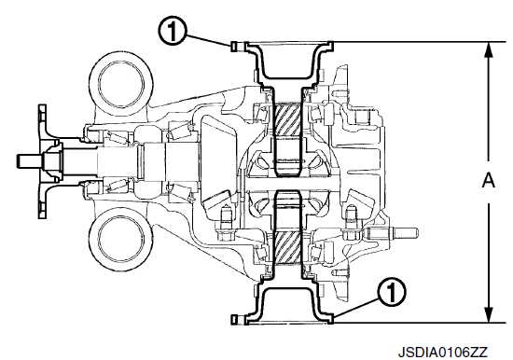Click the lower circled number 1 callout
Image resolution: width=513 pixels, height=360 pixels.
click(x=392, y=291)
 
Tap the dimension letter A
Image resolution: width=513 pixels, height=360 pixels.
click(x=489, y=181)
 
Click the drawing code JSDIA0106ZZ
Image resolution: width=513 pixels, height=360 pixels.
click(x=443, y=353)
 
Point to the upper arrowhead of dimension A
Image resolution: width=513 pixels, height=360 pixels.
click(x=489, y=49)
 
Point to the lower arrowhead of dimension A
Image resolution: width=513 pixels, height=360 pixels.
click(x=489, y=315)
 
